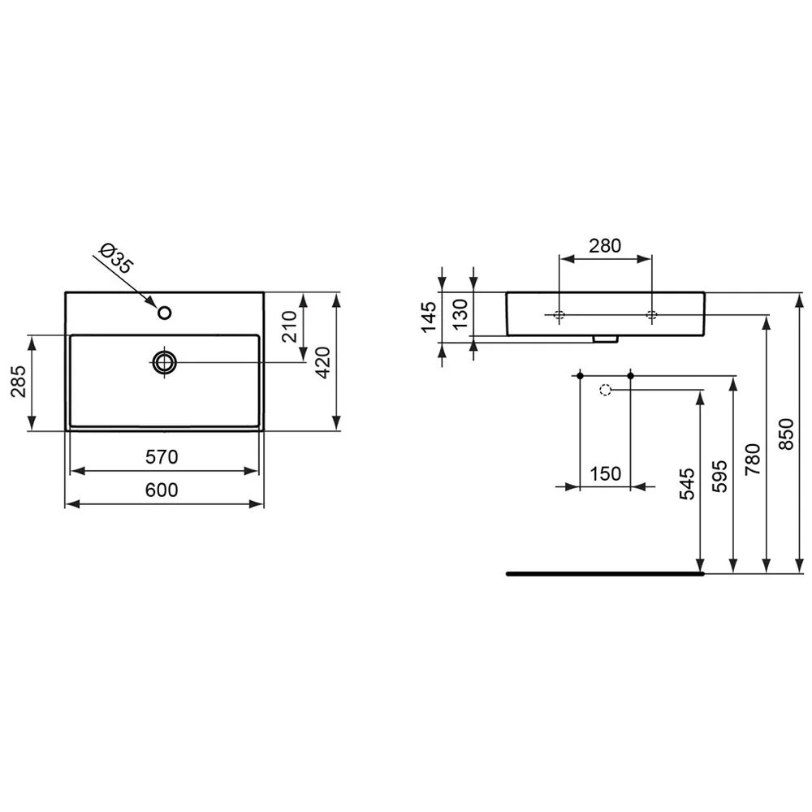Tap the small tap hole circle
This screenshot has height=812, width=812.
pos(165,313)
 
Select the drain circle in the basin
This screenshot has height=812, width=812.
pos(165,362)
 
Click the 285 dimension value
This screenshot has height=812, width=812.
pos(19,382)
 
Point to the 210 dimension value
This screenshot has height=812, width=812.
pos(289,326)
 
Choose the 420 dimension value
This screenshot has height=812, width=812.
pos(322,362)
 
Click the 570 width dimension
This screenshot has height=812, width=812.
pos(162,456)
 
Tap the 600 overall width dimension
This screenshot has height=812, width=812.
pos(162,490)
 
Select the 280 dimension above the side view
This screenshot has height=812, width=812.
pos(605,245)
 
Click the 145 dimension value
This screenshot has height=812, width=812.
pos(429,317)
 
